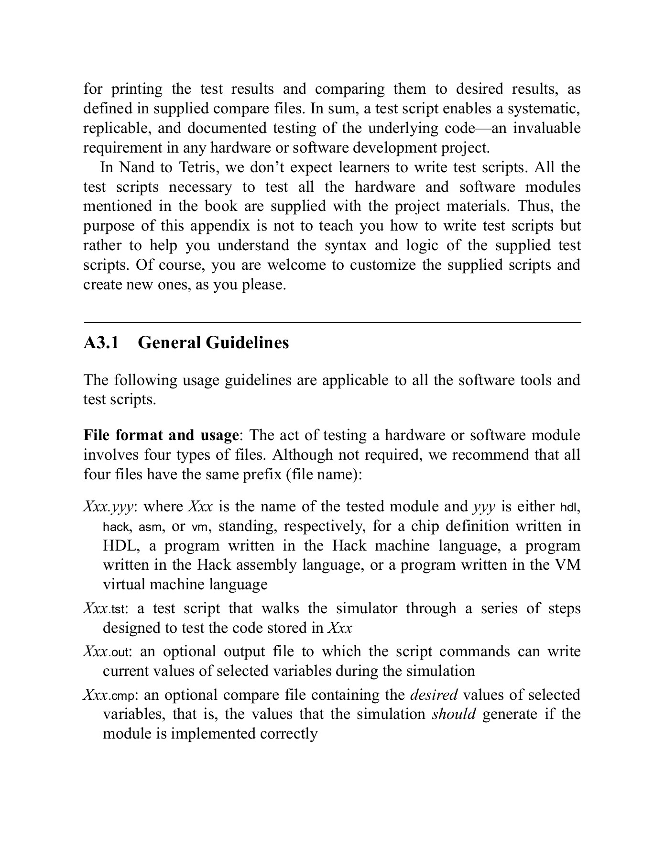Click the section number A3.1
tap(101, 343)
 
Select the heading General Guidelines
tap(213, 343)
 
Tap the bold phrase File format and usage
tap(161, 435)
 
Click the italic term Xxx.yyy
tap(108, 507)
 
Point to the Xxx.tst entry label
tap(105, 609)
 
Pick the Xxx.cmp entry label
tap(108, 695)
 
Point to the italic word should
tap(454, 714)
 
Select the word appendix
tap(222, 226)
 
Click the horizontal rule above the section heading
tap(332, 323)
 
